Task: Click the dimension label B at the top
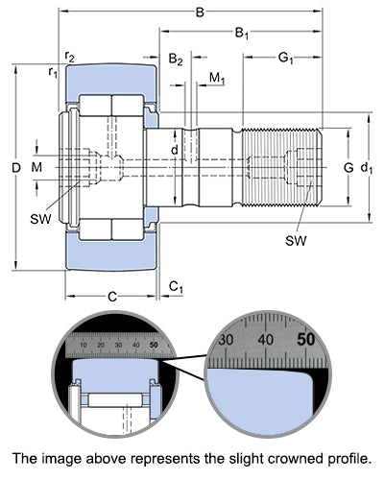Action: pyautogui.click(x=200, y=12)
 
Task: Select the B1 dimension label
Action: pyautogui.click(x=242, y=33)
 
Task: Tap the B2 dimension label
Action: pyautogui.click(x=176, y=60)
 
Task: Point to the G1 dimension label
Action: pyautogui.click(x=286, y=59)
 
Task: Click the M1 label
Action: pyautogui.click(x=217, y=79)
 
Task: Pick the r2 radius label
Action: pyautogui.click(x=70, y=57)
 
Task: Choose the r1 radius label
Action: pyautogui.click(x=53, y=72)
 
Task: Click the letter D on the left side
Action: pyautogui.click(x=16, y=167)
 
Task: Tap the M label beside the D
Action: pyautogui.click(x=36, y=167)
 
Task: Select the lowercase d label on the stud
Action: pyautogui.click(x=175, y=150)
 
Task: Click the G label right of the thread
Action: pyautogui.click(x=348, y=167)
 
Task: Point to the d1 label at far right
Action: pyautogui.click(x=367, y=168)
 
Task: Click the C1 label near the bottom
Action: pyautogui.click(x=176, y=287)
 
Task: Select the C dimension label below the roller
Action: pyautogui.click(x=112, y=297)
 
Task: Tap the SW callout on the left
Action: pyautogui.click(x=40, y=219)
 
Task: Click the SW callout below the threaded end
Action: pyautogui.click(x=296, y=241)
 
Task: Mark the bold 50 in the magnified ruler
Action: pyautogui.click(x=306, y=340)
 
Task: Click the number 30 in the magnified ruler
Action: pyautogui.click(x=226, y=340)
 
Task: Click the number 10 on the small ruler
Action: pyautogui.click(x=84, y=346)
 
